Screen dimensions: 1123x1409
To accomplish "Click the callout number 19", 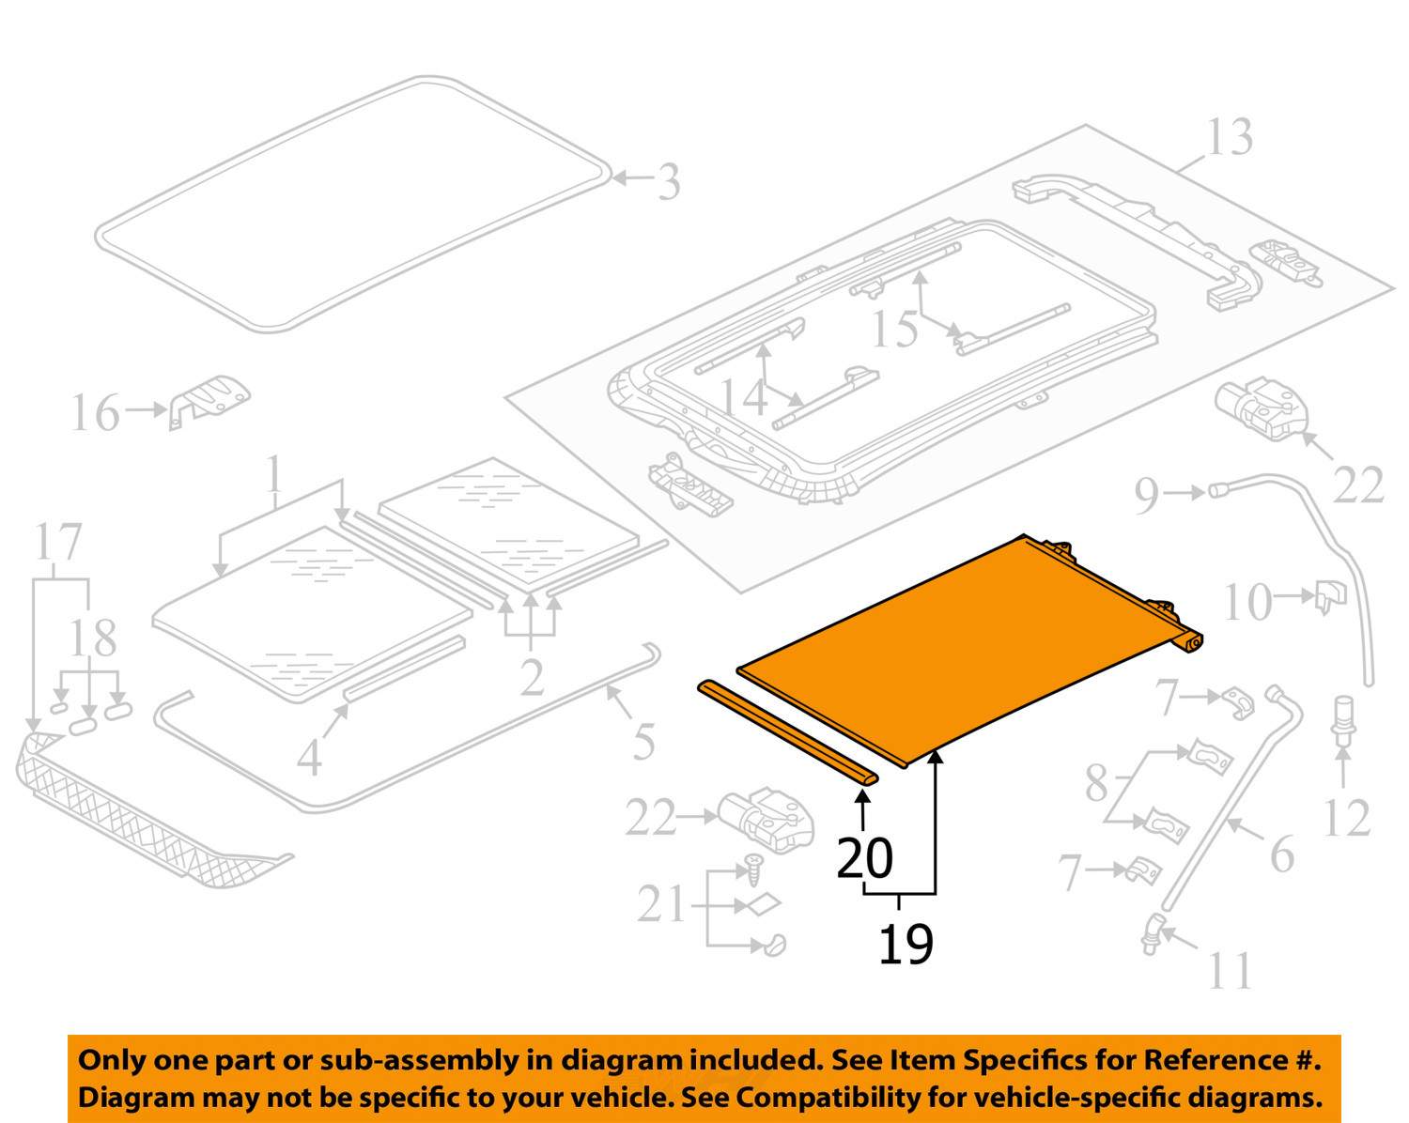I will [x=906, y=944].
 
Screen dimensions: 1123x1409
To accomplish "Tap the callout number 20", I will [x=864, y=857].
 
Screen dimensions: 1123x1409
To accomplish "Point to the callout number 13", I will [x=1229, y=138].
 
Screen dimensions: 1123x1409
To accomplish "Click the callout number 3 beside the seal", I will [x=668, y=182].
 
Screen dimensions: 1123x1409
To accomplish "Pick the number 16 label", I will [x=96, y=413].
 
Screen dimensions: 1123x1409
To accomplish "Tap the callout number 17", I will [x=58, y=543].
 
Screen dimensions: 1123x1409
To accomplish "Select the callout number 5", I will [x=643, y=742].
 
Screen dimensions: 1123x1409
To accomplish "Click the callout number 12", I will [x=1346, y=818].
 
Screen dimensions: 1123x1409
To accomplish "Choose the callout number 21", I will [x=662, y=905].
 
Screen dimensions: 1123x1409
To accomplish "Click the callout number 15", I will [x=894, y=329].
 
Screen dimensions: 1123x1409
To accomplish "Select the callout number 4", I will [x=309, y=757].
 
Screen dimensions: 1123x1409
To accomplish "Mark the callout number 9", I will [x=1147, y=495].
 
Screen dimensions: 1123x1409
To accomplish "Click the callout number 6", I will [x=1281, y=854].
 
